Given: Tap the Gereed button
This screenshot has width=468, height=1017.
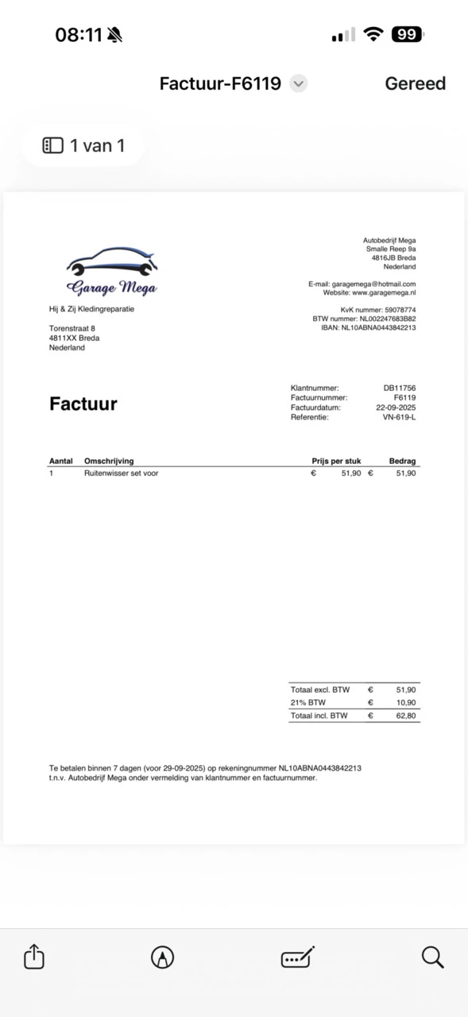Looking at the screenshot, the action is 415,83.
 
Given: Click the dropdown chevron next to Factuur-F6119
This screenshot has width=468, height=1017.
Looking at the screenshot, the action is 298,83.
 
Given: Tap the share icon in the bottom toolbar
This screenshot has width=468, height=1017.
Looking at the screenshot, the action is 34,957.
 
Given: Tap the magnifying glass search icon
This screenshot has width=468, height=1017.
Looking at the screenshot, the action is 432,957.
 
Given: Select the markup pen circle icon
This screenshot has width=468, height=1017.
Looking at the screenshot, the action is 162,957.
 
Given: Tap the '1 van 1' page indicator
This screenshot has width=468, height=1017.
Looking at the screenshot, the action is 83,145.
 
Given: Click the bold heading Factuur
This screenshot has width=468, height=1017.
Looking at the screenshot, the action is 83,404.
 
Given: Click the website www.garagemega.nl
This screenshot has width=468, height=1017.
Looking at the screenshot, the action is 384,292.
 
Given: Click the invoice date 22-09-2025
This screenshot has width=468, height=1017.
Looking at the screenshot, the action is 396,408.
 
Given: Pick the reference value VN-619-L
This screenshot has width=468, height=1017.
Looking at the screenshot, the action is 399,417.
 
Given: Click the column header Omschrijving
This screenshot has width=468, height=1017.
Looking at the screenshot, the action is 109,461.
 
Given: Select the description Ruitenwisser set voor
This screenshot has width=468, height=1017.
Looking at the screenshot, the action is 121,473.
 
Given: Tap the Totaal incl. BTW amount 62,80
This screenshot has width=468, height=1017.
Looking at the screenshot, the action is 406,716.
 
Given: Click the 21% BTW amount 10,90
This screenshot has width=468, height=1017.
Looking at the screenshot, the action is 406,703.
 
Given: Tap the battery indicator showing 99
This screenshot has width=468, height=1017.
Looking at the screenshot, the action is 408,34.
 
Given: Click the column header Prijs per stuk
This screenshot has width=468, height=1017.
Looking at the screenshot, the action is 336,461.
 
